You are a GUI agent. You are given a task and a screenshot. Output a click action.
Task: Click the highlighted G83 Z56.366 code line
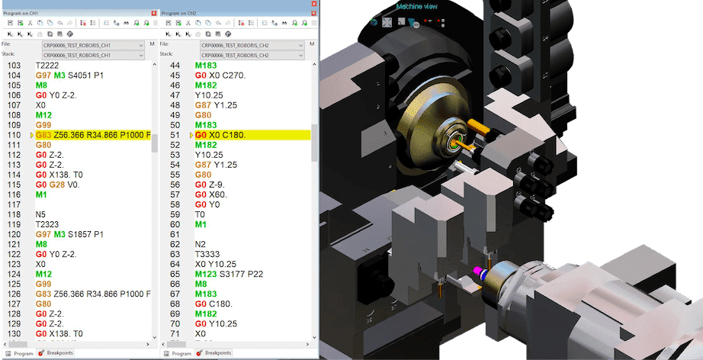91,134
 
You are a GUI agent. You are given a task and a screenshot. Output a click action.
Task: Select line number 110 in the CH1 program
14,134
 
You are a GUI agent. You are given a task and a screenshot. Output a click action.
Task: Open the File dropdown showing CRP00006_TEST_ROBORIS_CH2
248,45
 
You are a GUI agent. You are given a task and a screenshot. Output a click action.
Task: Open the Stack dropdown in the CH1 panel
92,55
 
